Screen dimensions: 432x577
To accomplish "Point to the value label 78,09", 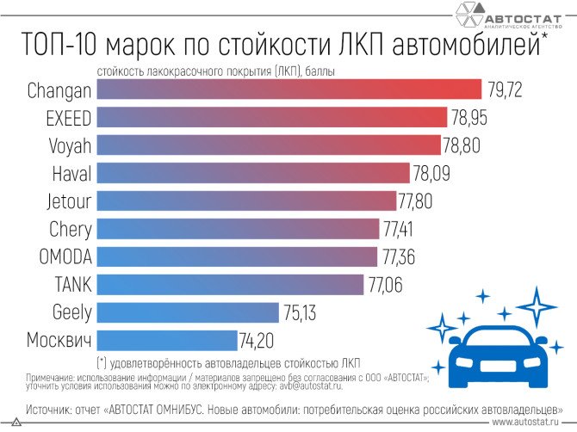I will point(431,173).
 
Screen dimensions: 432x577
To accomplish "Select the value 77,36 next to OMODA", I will point(400,256).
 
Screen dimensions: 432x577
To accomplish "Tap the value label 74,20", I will point(258,339).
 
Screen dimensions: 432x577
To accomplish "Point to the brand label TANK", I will point(72,284).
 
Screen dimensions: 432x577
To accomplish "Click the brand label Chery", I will point(70,228).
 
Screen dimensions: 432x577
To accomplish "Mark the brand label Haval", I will point(71,173).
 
